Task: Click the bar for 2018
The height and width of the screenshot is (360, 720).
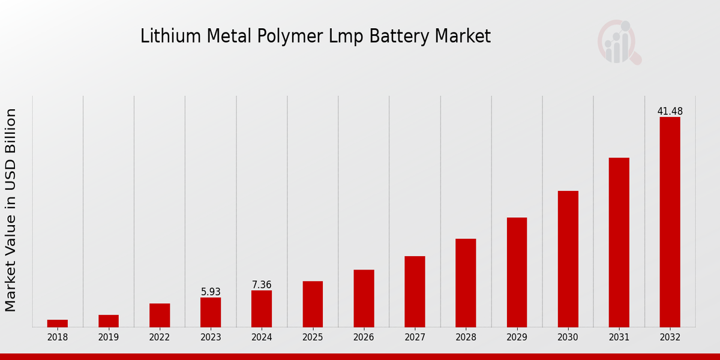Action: point(58,323)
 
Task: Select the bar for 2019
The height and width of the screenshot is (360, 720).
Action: point(109,321)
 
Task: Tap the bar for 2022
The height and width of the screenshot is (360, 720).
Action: point(160,315)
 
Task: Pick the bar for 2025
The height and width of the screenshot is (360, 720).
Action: point(313,304)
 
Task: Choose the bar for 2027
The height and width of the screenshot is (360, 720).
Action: point(415,292)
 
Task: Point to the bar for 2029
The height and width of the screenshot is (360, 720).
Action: point(517,272)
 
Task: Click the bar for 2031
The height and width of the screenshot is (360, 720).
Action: point(619,242)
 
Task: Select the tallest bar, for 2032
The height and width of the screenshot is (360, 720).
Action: point(670,222)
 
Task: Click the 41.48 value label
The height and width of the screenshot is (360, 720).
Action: point(670,112)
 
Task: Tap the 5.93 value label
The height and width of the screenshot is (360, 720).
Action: point(211,292)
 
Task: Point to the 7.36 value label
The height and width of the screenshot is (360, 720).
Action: point(262,285)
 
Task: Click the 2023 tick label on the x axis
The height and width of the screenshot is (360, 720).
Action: point(211,338)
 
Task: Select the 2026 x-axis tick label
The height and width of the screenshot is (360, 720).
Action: point(364,338)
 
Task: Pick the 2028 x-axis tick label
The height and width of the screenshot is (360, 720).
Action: point(466,338)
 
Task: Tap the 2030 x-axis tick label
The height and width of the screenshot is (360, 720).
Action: point(568,338)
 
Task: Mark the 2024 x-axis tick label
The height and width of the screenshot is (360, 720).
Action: point(262,338)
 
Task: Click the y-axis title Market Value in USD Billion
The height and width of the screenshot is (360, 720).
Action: point(11,210)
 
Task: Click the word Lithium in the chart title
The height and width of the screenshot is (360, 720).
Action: point(163,37)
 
